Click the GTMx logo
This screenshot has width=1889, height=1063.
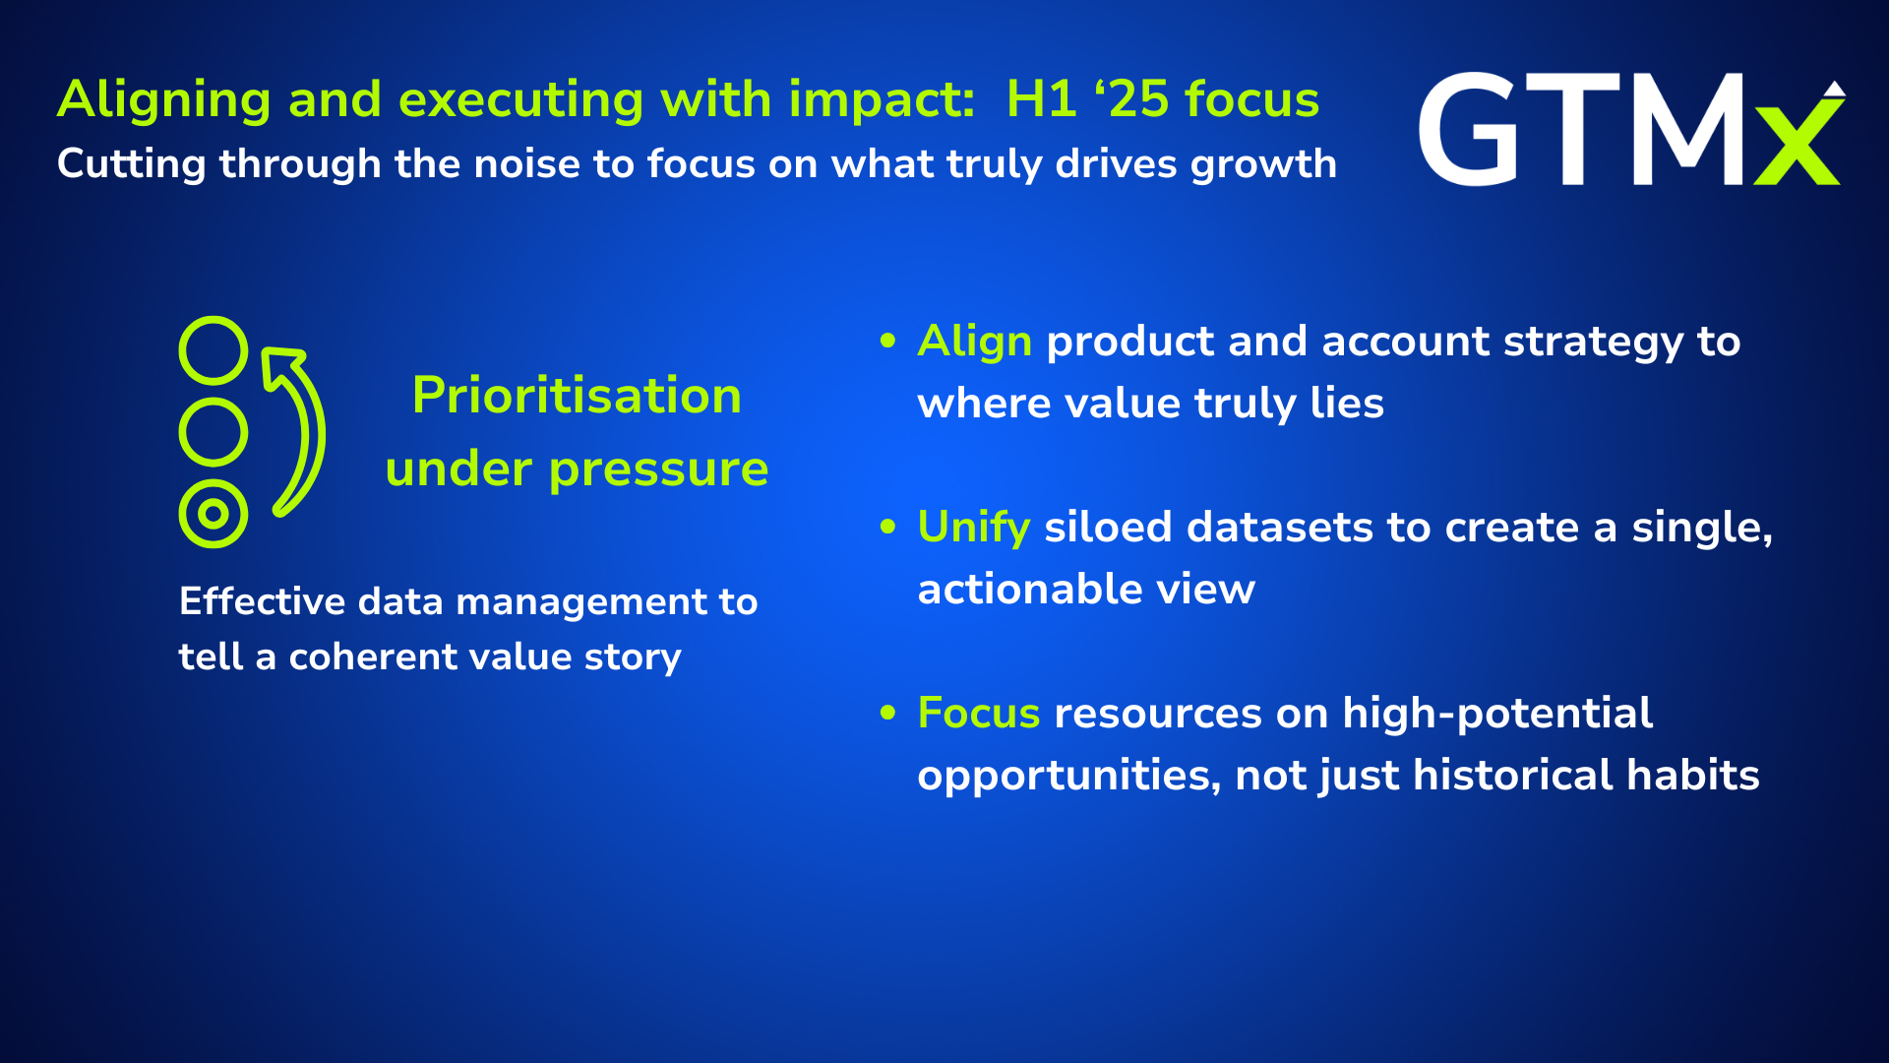[x=1632, y=129]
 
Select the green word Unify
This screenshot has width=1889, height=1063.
[x=973, y=529]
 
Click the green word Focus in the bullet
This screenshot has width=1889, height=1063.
[x=978, y=713]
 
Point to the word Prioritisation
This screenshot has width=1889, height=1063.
[x=577, y=396]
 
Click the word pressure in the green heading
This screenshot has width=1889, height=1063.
[x=658, y=470]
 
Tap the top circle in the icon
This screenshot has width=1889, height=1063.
[x=213, y=350]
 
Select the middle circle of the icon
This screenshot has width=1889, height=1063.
[x=213, y=432]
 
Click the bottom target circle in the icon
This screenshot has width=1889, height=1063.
[x=213, y=514]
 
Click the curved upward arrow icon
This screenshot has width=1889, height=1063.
[x=316, y=433]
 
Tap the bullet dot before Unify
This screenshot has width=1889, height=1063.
[x=888, y=527]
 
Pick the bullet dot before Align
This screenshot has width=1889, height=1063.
[x=888, y=341]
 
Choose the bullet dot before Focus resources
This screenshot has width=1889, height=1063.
[x=888, y=712]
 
